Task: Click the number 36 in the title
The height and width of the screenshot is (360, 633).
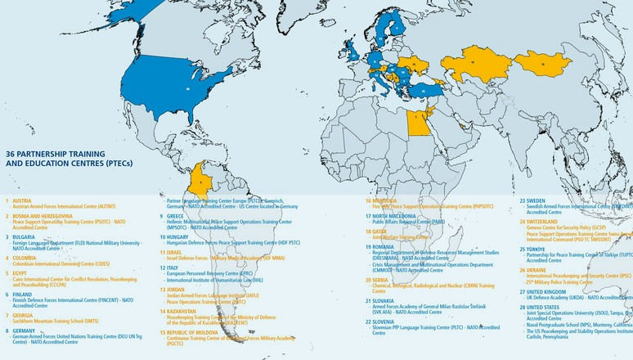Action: (x=11, y=153)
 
